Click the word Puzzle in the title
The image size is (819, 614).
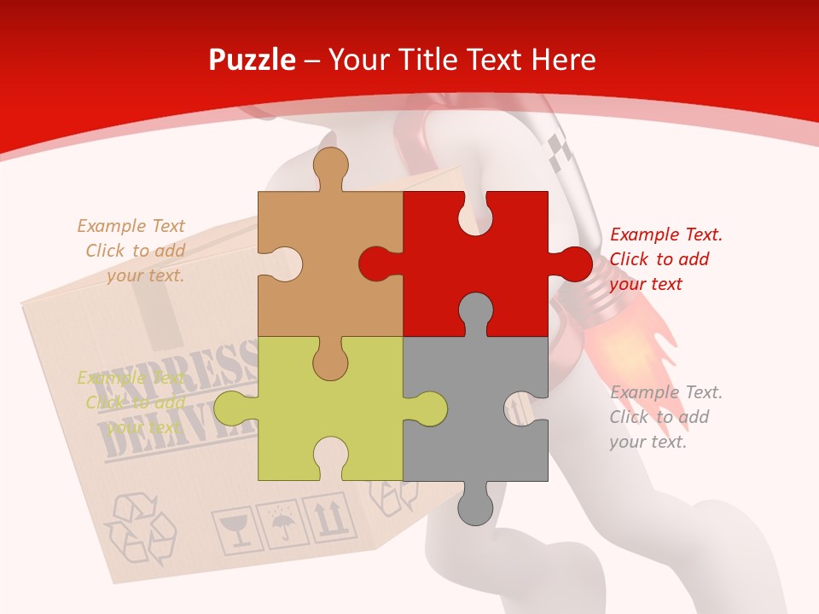(x=253, y=60)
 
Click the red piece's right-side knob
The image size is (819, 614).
(x=572, y=264)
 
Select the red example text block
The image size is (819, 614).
(x=665, y=259)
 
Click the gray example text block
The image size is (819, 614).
(x=665, y=417)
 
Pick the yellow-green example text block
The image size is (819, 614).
(x=132, y=403)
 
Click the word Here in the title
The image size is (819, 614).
(x=563, y=60)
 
